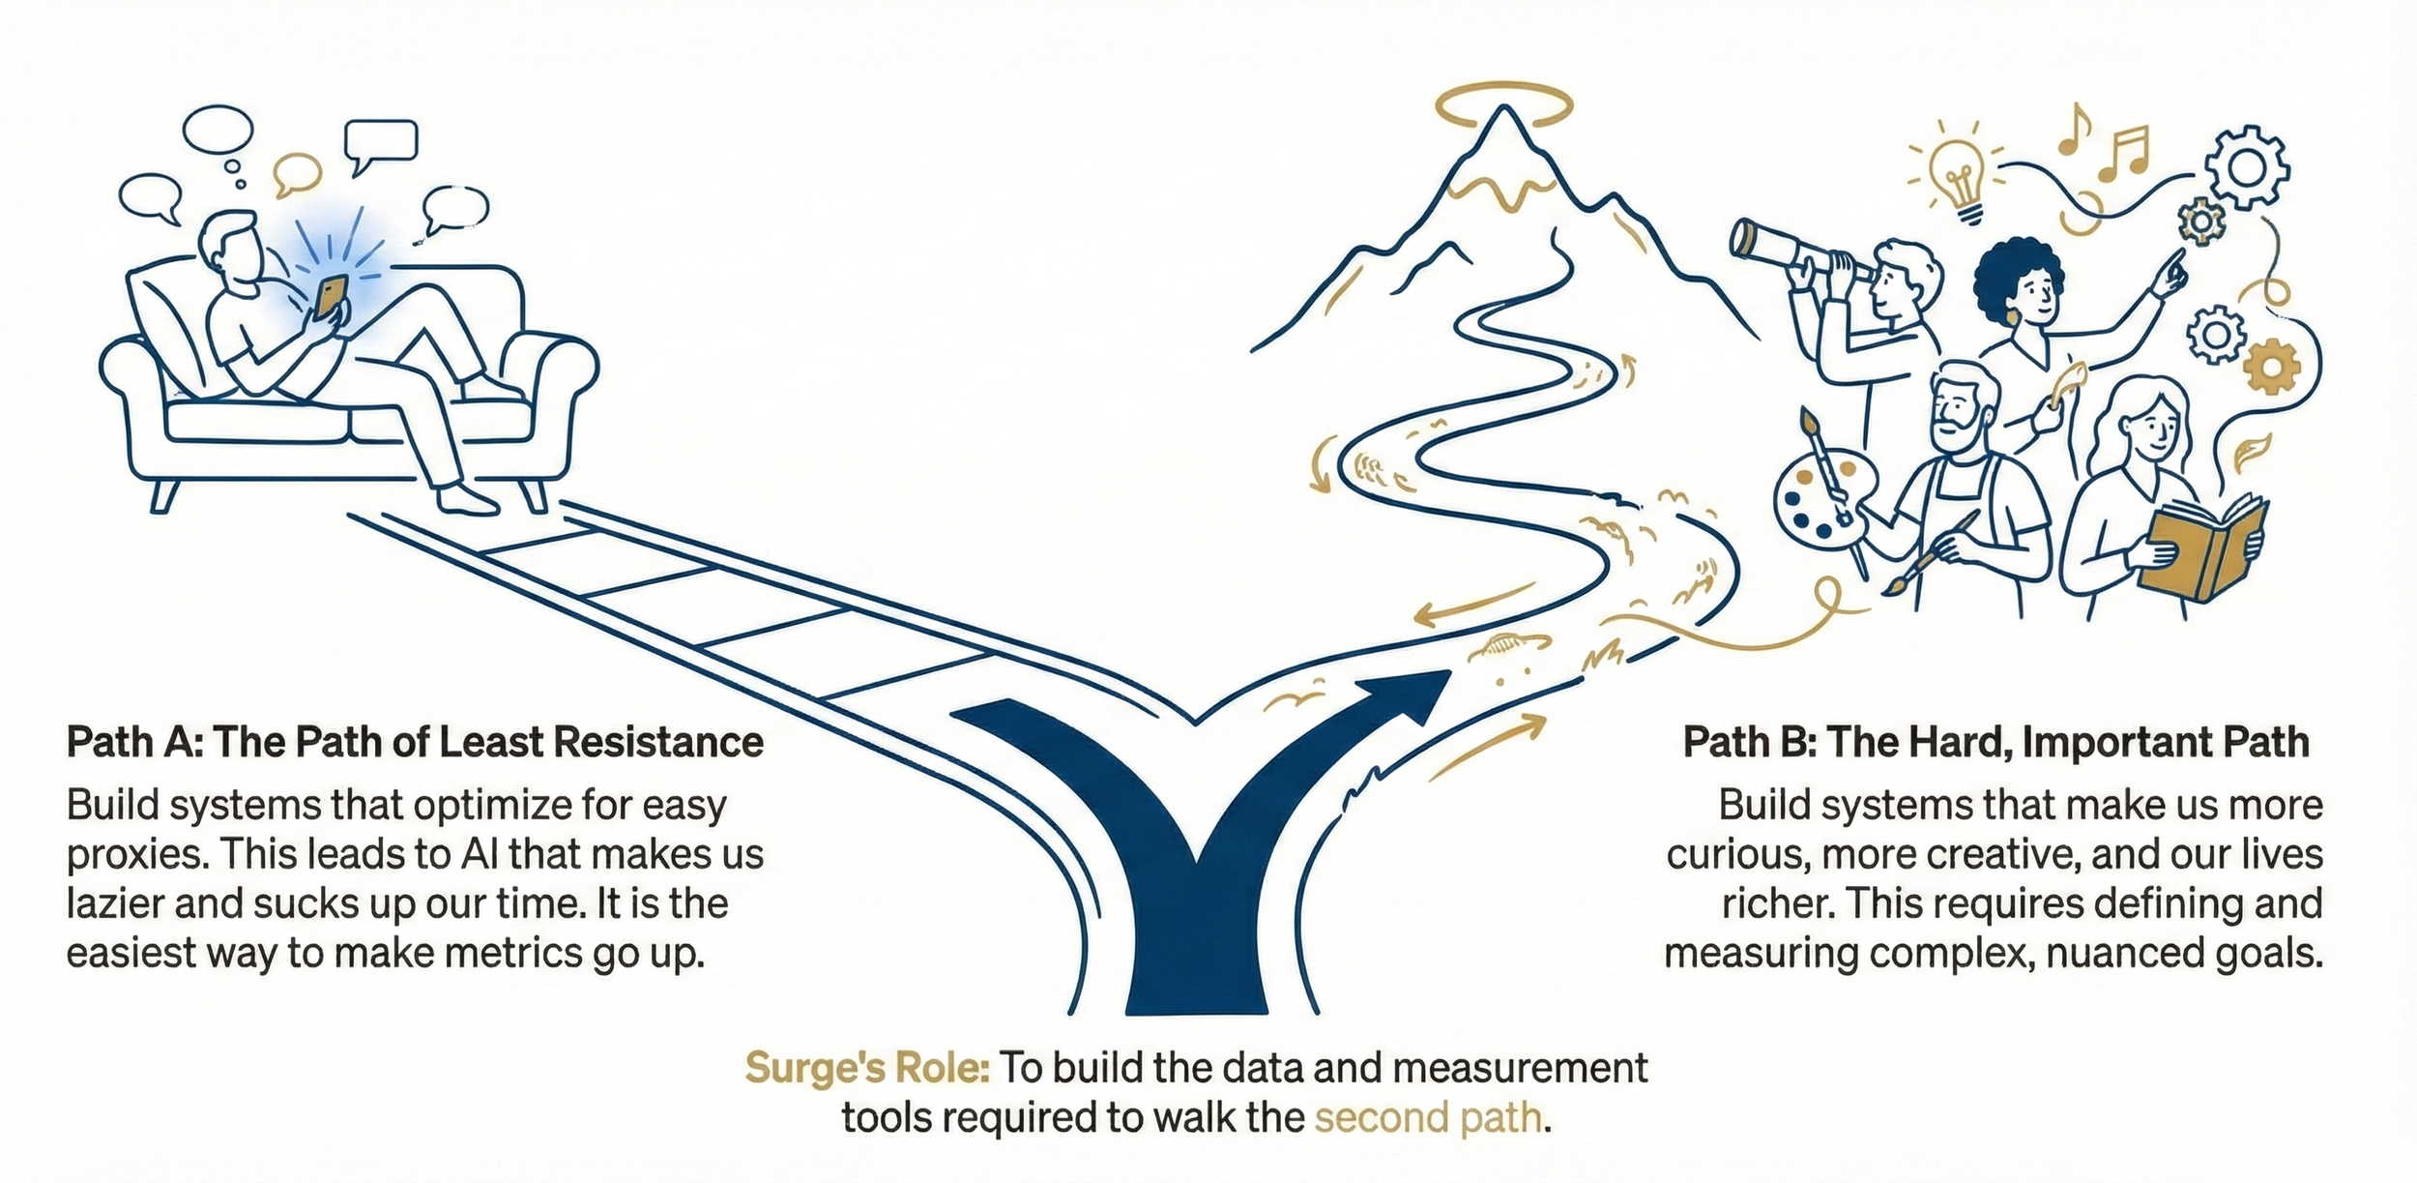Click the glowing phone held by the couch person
pos(332,296)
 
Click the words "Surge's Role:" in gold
pos(866,1069)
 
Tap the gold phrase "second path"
pos(1427,1118)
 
